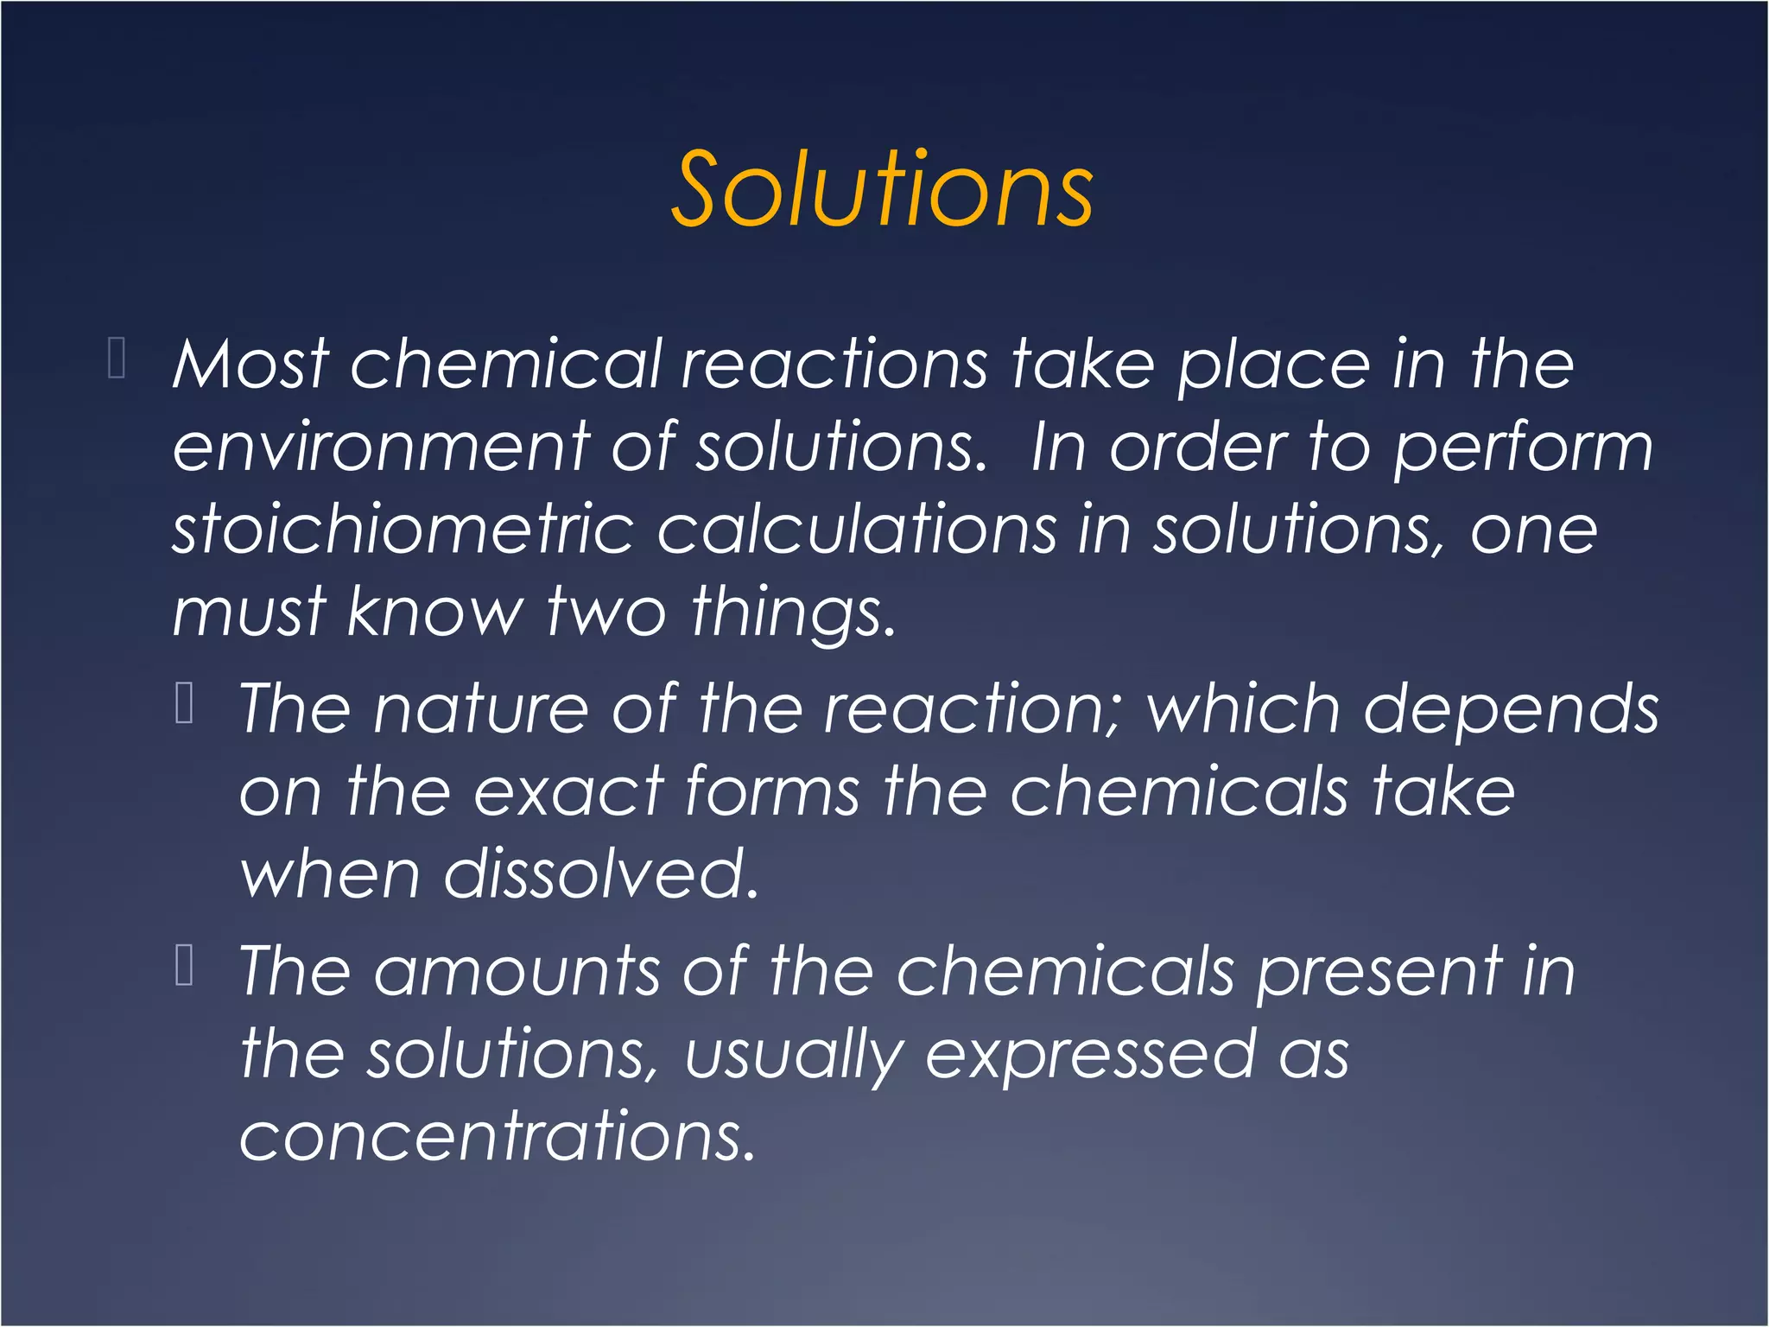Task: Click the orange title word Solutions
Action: pyautogui.click(x=882, y=189)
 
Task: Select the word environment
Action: pyautogui.click(x=381, y=448)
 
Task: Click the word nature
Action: pyautogui.click(x=481, y=709)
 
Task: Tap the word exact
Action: pyautogui.click(x=568, y=792)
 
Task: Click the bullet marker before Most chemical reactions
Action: pyautogui.click(x=117, y=359)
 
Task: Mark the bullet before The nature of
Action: pyautogui.click(x=184, y=702)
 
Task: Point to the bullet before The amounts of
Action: pyautogui.click(x=184, y=966)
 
